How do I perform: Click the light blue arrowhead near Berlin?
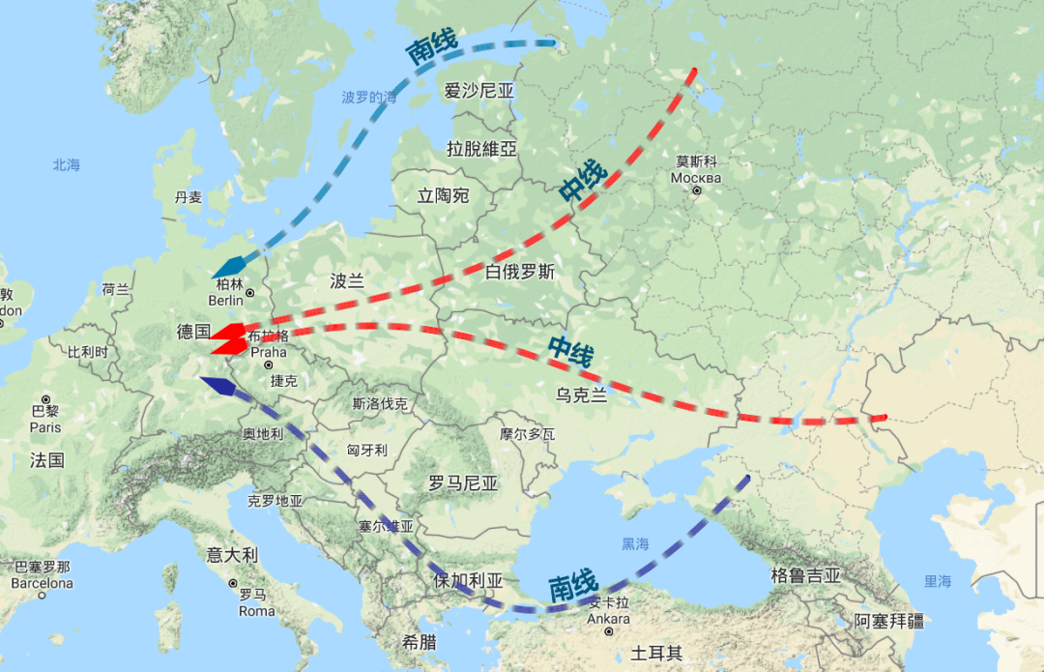[x=228, y=266]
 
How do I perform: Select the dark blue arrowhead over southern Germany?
[x=217, y=386]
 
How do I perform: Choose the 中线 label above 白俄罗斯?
[x=583, y=181]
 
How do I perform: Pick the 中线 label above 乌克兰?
[x=569, y=350]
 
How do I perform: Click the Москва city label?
[x=696, y=178]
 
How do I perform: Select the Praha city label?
[x=268, y=353]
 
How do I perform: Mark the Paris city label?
[x=44, y=427]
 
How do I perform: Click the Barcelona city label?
[x=42, y=583]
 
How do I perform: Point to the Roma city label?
[x=256, y=610]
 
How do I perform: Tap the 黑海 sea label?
[x=635, y=543]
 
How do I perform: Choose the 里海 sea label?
[x=937, y=581]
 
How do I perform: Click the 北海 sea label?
[x=67, y=165]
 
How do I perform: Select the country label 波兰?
[x=347, y=281]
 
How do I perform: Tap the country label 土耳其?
[x=656, y=654]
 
